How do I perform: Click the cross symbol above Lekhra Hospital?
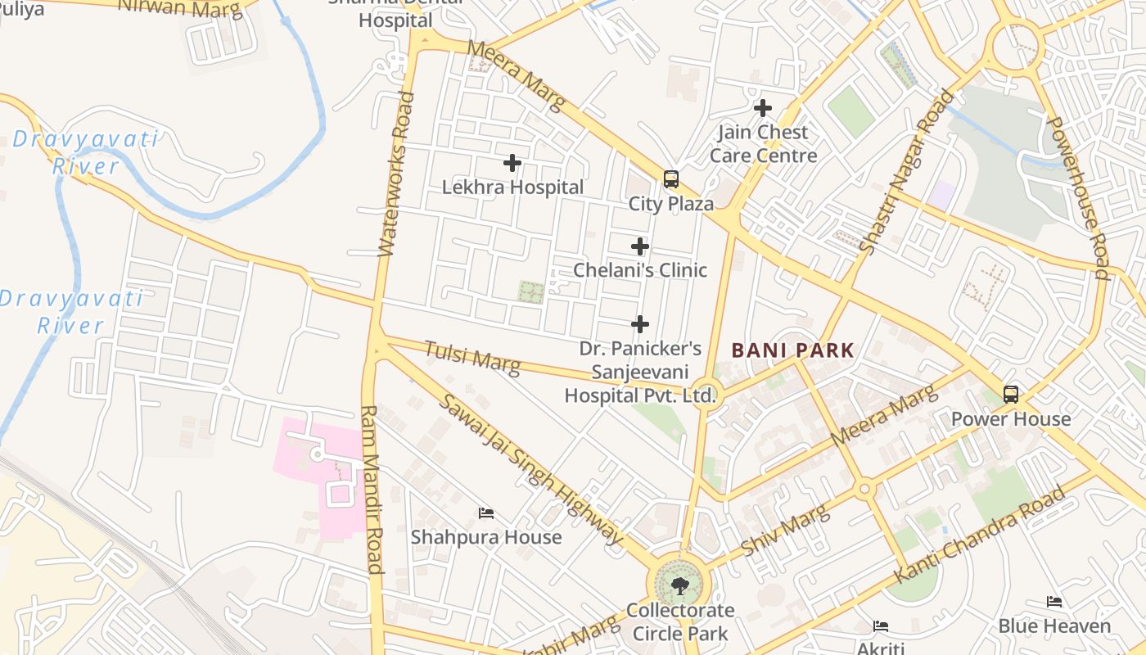point(512,163)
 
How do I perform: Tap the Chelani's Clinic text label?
point(640,270)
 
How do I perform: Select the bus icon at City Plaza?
point(671,179)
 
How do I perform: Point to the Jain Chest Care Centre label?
point(763,144)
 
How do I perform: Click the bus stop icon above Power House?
point(1011,395)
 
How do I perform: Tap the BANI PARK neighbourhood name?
point(792,351)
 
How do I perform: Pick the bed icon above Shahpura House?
point(486,513)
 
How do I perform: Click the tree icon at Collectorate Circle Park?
point(679,585)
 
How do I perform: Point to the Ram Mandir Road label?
point(371,489)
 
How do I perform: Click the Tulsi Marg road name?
point(471,357)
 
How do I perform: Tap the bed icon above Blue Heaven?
point(1054,602)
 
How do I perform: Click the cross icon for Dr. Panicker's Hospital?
point(640,324)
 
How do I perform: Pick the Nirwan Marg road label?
point(180,8)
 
